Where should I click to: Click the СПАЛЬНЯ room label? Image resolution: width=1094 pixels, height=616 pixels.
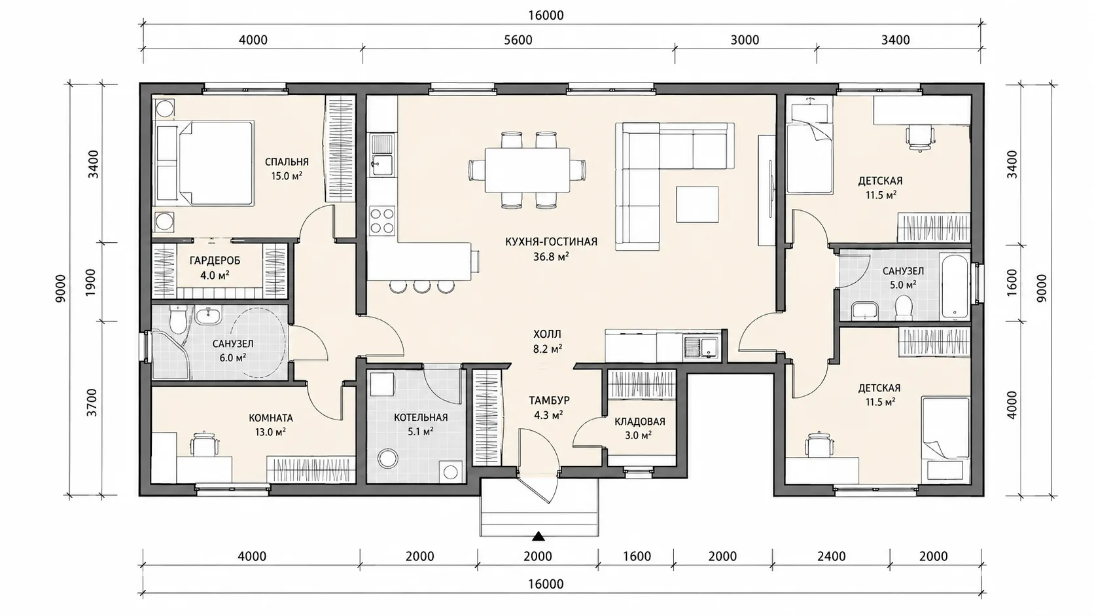(x=287, y=162)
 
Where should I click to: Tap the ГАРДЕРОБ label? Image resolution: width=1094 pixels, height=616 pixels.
(x=215, y=261)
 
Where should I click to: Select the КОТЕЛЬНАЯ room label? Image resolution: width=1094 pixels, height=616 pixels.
(x=421, y=418)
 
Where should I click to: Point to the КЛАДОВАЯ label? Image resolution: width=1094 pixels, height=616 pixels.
(x=639, y=422)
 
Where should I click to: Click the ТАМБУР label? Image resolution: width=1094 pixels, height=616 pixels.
(x=549, y=401)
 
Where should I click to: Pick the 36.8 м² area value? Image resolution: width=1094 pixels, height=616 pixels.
(x=551, y=257)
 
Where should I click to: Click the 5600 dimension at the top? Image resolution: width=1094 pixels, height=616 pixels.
(x=518, y=40)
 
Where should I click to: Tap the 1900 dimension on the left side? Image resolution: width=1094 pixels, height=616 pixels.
(x=92, y=282)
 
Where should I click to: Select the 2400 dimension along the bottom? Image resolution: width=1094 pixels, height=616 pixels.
(x=831, y=556)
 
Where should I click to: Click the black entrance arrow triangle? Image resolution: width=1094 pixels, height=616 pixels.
(x=538, y=536)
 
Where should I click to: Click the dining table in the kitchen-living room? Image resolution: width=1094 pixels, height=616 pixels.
(x=527, y=170)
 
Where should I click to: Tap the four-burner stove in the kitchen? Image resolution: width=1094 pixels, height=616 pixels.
(x=382, y=221)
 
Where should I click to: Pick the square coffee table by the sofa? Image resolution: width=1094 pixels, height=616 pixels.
(x=697, y=204)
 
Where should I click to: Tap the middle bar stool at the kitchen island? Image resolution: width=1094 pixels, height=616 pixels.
(x=421, y=286)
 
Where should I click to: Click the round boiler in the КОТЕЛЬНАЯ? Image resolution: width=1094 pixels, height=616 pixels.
(x=388, y=458)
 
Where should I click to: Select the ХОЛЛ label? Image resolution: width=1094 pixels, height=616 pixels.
(x=547, y=335)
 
